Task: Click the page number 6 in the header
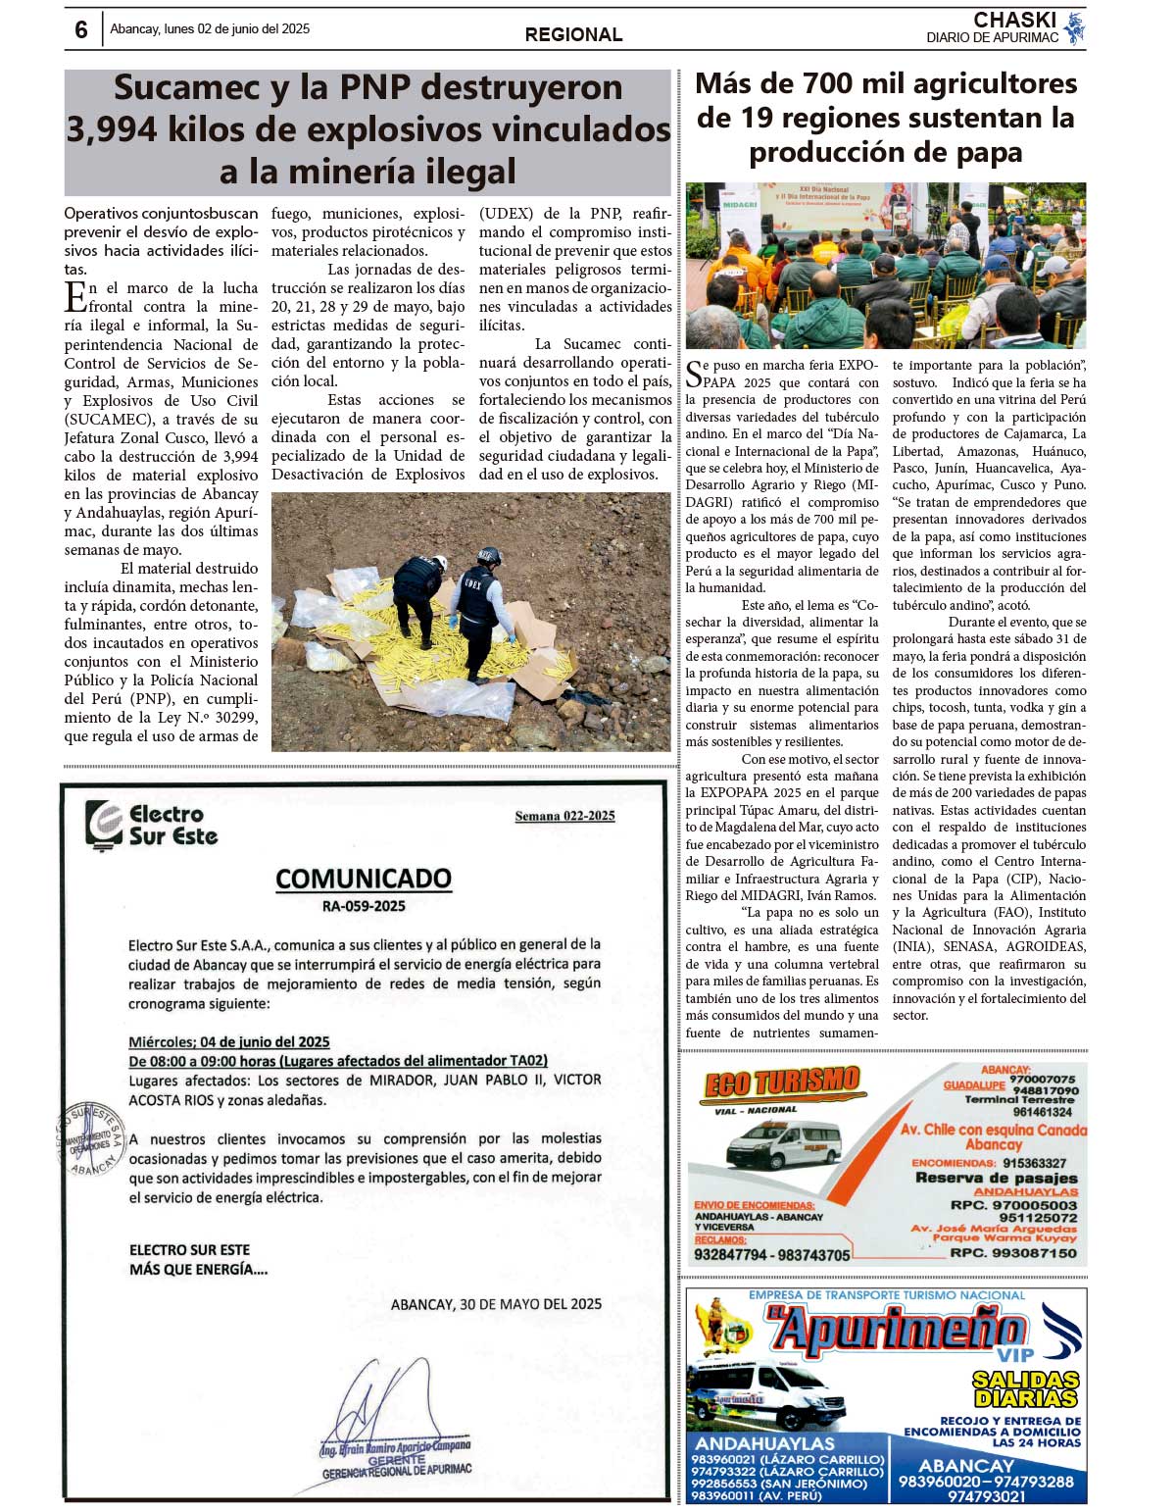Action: pos(80,30)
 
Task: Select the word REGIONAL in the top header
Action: pos(573,34)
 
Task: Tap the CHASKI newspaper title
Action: pos(1014,20)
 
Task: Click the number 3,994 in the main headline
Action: pos(111,129)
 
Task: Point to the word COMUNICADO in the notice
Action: pos(364,878)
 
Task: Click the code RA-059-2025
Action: pos(364,906)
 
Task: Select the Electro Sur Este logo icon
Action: pos(103,824)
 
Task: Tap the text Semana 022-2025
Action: pos(564,816)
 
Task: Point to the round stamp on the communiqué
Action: pos(90,1138)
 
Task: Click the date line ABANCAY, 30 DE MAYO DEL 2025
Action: pos(496,1304)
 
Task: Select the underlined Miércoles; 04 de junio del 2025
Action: pos(228,1041)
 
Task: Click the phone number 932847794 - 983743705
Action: pos(772,1254)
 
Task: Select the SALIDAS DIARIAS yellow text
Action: pos(1025,1388)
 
